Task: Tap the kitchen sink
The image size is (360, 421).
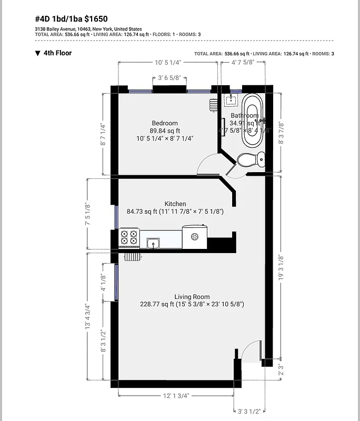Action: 154,243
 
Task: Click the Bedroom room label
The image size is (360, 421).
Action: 165,124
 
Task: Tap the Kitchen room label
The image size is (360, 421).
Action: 175,204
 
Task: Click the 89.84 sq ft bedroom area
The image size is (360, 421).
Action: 165,131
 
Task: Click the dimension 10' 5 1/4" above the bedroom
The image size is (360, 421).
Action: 168,62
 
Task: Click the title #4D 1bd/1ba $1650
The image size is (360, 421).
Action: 71,18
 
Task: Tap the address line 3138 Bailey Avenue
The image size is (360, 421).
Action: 88,29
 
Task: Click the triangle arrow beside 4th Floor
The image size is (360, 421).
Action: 37,53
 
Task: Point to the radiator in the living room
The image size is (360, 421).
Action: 133,257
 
